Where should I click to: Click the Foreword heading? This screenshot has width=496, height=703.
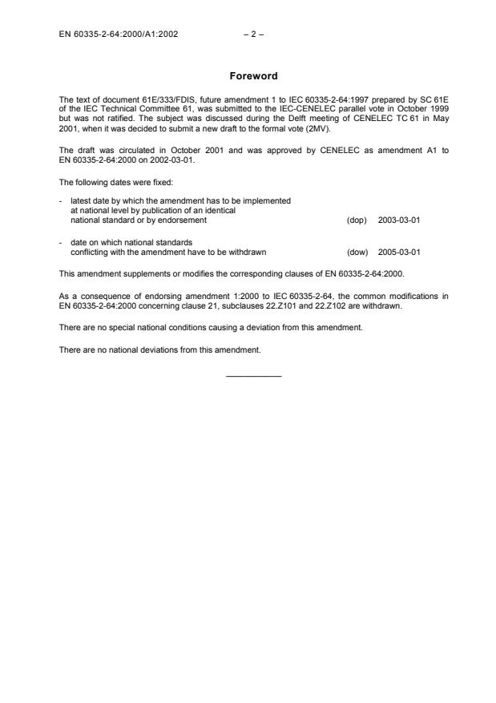(253, 76)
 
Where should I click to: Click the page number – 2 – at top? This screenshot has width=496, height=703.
(253, 34)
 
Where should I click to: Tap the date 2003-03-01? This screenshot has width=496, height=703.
(398, 219)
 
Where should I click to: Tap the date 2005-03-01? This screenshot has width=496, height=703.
(398, 252)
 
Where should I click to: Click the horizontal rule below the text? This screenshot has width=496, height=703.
(253, 376)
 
